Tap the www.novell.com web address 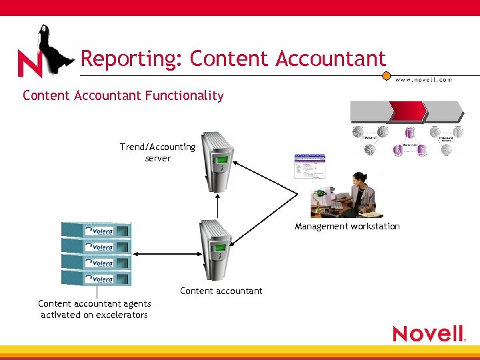point(423,80)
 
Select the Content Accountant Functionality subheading point(123,95)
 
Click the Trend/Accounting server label point(157,152)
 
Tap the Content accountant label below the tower point(221,291)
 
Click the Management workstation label point(347,227)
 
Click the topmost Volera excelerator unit point(97,231)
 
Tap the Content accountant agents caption point(94,309)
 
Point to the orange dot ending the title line point(386,75)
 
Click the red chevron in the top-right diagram point(407,110)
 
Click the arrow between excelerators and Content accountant point(167,253)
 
